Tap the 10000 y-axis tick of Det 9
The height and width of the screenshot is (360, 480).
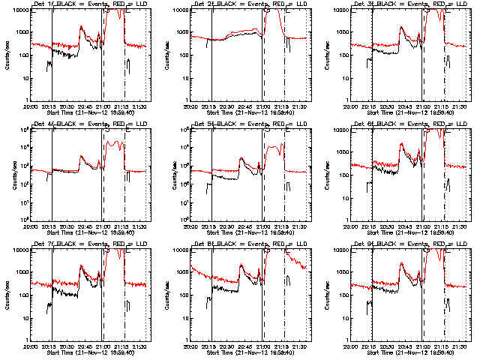click(339, 251)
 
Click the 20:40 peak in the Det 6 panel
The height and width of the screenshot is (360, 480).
click(403, 144)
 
